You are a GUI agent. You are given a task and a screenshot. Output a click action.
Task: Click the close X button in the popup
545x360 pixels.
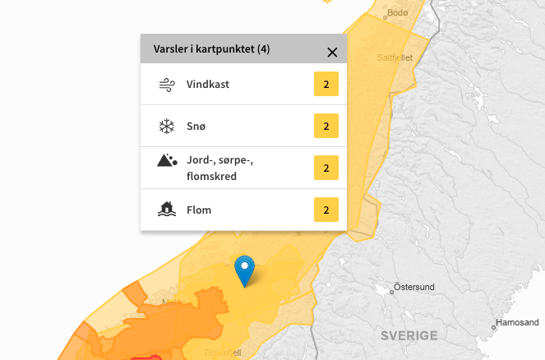(x=332, y=53)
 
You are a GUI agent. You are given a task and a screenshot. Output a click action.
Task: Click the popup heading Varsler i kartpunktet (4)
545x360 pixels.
(x=212, y=49)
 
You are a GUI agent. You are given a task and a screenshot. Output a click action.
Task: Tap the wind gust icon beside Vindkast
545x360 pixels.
(x=167, y=84)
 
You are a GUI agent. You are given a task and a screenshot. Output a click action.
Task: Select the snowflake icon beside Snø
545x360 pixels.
(x=167, y=126)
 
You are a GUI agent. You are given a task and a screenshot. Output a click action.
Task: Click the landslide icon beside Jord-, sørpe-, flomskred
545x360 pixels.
(x=167, y=160)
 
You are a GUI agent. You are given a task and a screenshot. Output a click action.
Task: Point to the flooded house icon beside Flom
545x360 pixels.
(x=167, y=210)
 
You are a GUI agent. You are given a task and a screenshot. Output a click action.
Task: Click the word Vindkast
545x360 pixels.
(x=209, y=84)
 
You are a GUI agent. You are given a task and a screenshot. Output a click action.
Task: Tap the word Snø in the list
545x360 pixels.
(x=196, y=126)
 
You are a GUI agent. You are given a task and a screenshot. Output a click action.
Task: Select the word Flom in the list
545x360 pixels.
(x=199, y=210)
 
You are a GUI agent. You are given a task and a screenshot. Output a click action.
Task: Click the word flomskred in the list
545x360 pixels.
(x=212, y=176)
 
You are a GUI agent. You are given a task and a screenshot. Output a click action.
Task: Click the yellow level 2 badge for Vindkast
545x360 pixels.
(x=326, y=84)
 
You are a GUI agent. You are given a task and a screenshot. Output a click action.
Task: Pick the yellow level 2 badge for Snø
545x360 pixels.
(x=326, y=126)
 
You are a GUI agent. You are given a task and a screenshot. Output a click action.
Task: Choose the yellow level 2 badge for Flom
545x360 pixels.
(x=326, y=210)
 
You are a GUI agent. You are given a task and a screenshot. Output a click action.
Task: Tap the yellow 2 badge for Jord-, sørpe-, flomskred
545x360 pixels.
(x=326, y=168)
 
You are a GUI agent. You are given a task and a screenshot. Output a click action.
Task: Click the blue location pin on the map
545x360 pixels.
(x=245, y=270)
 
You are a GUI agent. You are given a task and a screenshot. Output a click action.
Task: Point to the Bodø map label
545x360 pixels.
(x=397, y=12)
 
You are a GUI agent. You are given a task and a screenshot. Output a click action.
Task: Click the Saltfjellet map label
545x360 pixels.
(x=394, y=58)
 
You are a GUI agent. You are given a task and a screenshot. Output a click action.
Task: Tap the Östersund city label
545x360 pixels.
(x=413, y=287)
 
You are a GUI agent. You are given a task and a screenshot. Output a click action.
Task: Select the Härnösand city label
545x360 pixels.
(x=520, y=322)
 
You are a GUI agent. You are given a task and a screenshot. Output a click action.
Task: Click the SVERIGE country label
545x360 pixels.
(x=409, y=335)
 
